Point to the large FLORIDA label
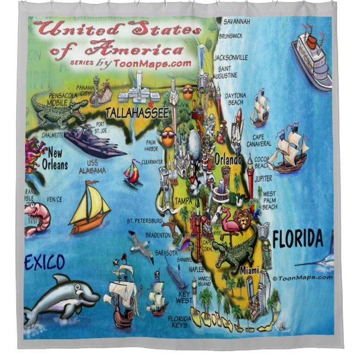298,240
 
